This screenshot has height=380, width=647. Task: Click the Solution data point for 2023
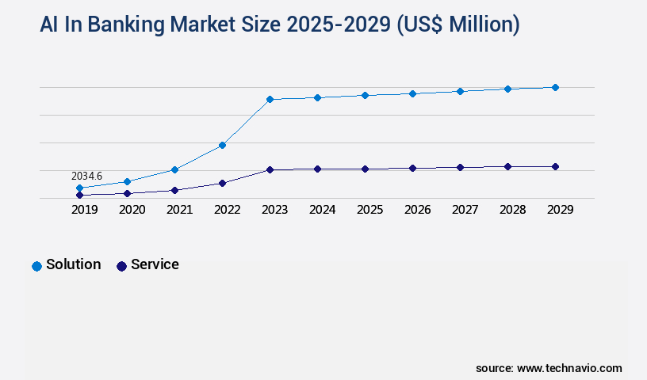coord(270,99)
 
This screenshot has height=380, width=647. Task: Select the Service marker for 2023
coord(270,169)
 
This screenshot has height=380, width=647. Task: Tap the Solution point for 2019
coord(79,188)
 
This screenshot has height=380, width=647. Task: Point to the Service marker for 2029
coord(555,166)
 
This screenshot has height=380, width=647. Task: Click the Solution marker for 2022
coord(222,145)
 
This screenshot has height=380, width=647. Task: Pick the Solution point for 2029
coord(555,87)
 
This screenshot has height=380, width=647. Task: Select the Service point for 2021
coord(174,190)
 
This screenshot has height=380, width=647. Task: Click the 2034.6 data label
coord(86,176)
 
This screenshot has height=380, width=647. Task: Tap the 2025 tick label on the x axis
coord(369,210)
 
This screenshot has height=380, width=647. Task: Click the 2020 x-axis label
coord(132,210)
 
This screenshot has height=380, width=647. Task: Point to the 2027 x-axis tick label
coord(465,210)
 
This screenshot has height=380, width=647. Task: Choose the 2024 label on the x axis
coord(322,210)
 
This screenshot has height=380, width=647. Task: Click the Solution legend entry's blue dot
coord(36,266)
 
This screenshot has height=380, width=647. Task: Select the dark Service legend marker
coord(121,266)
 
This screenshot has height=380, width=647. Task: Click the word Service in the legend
coord(155,264)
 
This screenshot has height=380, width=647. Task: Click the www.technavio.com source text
coord(569,368)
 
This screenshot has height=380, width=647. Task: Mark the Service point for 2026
coord(412,168)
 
